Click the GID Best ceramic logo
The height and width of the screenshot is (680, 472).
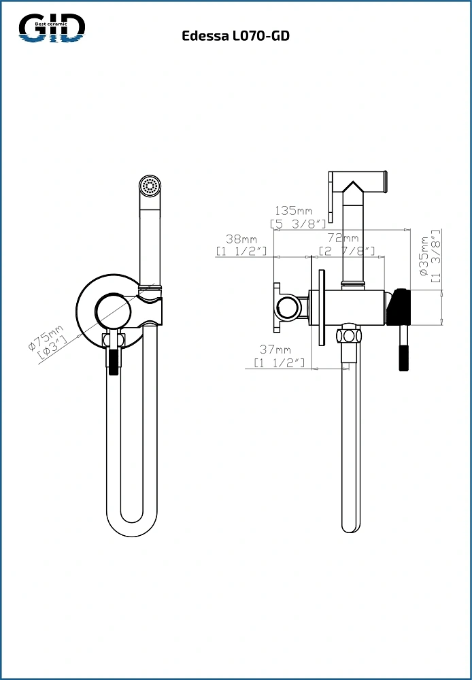[52, 28]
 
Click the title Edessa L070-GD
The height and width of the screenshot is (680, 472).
[235, 36]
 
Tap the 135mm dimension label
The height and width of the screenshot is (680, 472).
[294, 211]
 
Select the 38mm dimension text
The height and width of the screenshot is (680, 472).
[241, 239]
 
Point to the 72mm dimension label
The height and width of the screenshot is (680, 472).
[343, 238]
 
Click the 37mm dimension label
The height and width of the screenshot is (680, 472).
[275, 349]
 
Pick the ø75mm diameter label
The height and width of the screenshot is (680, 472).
[45, 337]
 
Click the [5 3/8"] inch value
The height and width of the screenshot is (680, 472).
[298, 224]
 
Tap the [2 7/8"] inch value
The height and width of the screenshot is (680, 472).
[347, 251]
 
